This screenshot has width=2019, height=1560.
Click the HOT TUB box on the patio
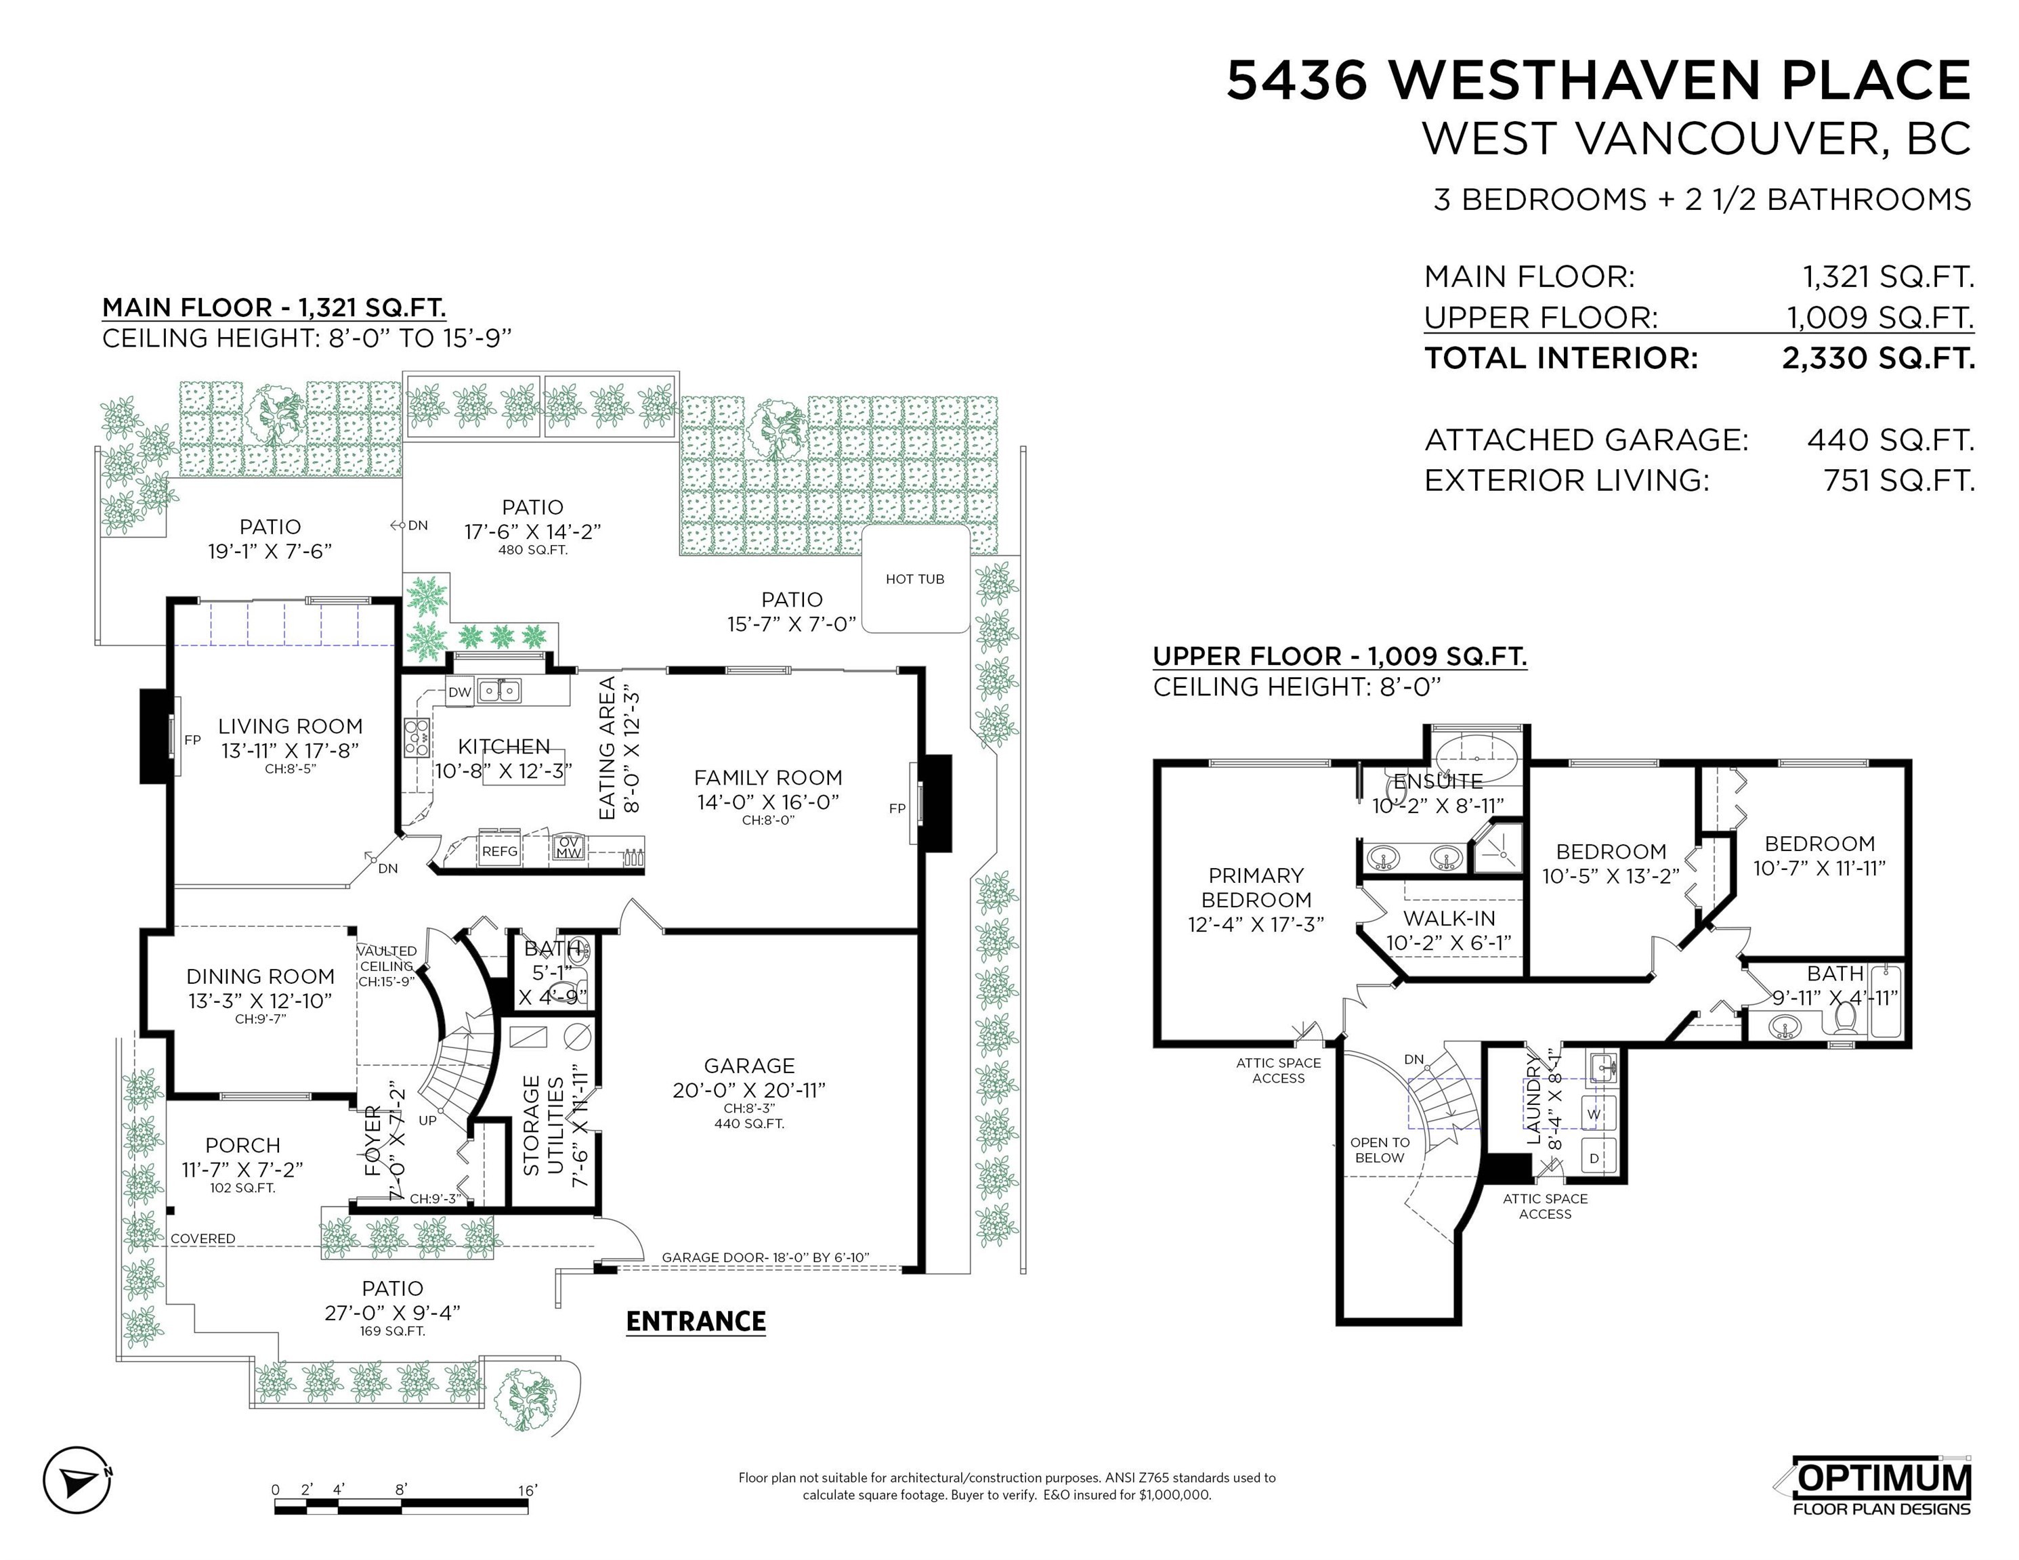tap(915, 580)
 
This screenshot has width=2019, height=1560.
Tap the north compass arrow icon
tap(78, 1479)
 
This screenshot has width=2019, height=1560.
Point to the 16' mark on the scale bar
tap(527, 1490)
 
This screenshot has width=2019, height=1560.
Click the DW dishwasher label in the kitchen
tap(459, 691)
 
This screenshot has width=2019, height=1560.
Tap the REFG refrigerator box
tap(499, 851)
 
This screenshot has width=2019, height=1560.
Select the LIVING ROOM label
tap(291, 727)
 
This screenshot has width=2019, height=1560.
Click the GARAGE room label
tap(749, 1066)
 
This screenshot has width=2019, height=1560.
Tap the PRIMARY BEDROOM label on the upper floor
tap(1256, 887)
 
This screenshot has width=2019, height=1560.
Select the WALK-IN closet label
tap(1449, 919)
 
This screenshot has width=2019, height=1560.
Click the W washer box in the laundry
tap(1594, 1114)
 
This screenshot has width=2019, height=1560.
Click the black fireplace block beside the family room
tap(937, 803)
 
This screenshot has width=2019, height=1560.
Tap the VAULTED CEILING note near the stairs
tap(387, 958)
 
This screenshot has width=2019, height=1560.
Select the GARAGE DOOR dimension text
tap(765, 1257)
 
